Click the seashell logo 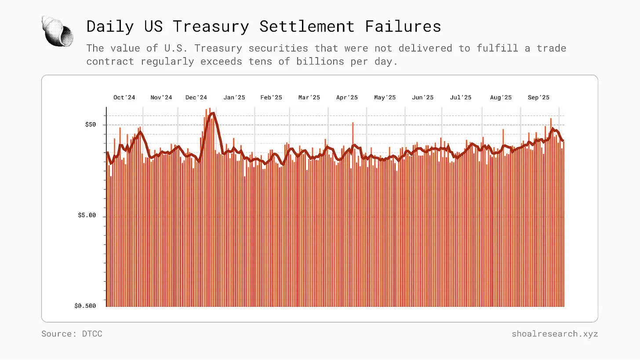[x=58, y=30]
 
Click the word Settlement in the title [x=307, y=26]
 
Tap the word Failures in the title [x=403, y=26]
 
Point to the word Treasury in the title [x=211, y=26]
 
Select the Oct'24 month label [x=124, y=98]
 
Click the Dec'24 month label [x=196, y=98]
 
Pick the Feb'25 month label [x=271, y=98]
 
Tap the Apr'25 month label [x=347, y=98]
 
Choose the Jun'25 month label [x=422, y=98]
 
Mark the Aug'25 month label [x=501, y=98]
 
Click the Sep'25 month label [x=538, y=98]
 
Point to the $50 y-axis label [x=90, y=125]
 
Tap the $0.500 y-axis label [x=85, y=306]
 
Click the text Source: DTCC [x=72, y=334]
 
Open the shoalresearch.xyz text [x=555, y=334]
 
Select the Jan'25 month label [x=234, y=98]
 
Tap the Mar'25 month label [x=309, y=98]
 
